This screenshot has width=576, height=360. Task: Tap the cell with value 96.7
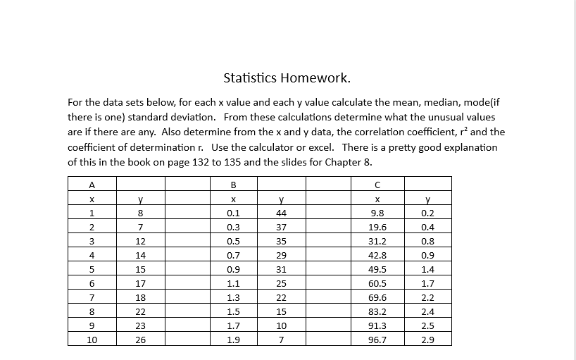pos(377,340)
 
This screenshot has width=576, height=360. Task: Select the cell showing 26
pos(141,340)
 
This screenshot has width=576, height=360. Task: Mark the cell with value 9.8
pos(377,213)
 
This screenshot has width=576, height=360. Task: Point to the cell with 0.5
pos(232,241)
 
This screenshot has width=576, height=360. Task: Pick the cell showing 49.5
pos(377,269)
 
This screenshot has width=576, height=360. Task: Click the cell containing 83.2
pos(377,311)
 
